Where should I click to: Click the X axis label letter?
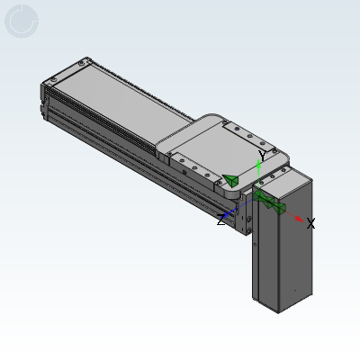(x=310, y=223)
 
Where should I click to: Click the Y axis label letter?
(x=263, y=156)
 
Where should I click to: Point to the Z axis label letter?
(x=220, y=220)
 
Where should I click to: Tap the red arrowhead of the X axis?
(x=299, y=219)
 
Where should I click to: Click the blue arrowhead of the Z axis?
(x=227, y=215)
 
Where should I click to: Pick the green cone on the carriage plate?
(x=230, y=180)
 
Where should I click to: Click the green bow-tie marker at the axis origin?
(x=269, y=202)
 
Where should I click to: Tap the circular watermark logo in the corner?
(x=22, y=22)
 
